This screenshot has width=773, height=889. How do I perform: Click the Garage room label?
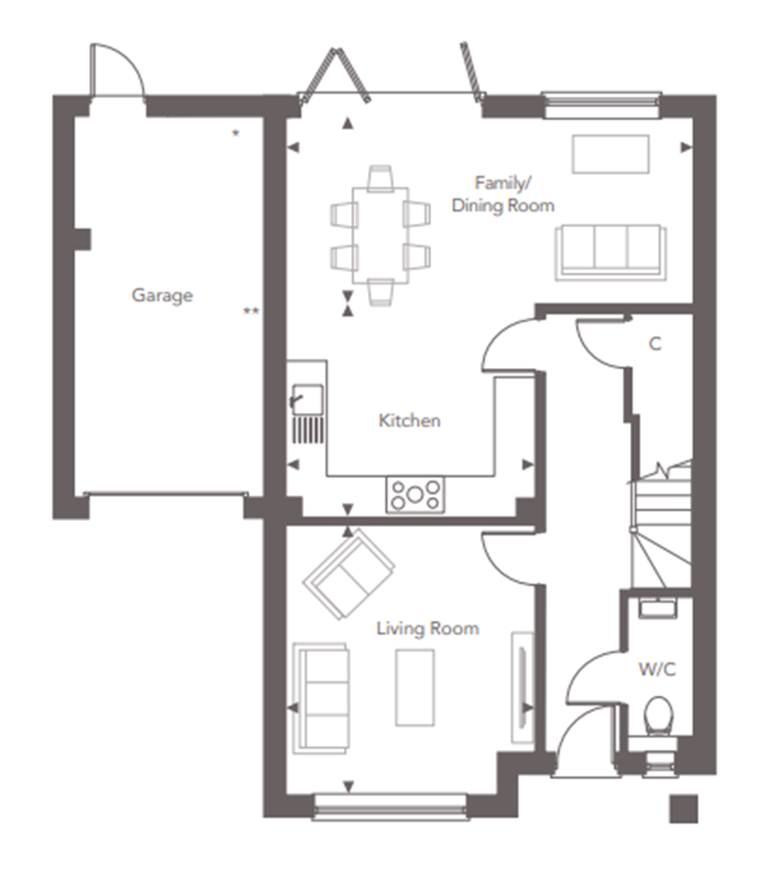pyautogui.click(x=162, y=295)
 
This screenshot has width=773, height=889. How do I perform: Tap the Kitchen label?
pyautogui.click(x=409, y=421)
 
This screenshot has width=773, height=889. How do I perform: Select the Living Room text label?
pyautogui.click(x=427, y=628)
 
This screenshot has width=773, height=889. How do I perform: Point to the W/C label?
pyautogui.click(x=657, y=669)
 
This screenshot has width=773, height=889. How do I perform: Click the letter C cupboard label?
pyautogui.click(x=655, y=344)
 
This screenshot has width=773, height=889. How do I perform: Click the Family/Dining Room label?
pyautogui.click(x=503, y=195)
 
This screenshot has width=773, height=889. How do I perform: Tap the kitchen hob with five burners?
pyautogui.click(x=415, y=495)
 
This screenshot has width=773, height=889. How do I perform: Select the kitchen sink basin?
pyautogui.click(x=308, y=399)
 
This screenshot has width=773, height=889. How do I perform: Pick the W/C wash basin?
pyautogui.click(x=657, y=608)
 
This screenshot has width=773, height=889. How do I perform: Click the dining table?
pyautogui.click(x=380, y=235)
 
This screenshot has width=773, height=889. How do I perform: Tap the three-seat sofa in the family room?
pyautogui.click(x=611, y=252)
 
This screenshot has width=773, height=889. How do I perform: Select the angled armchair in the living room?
pyautogui.click(x=349, y=574)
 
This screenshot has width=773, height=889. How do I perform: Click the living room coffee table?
pyautogui.click(x=415, y=688)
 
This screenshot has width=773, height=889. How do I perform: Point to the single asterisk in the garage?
pyautogui.click(x=236, y=134)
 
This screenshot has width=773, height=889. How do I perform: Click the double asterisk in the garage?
pyautogui.click(x=251, y=312)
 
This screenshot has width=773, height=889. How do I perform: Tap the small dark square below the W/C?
pyautogui.click(x=683, y=809)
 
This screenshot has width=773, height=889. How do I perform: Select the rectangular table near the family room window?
pyautogui.click(x=611, y=154)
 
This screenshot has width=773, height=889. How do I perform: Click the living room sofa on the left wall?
pyautogui.click(x=321, y=699)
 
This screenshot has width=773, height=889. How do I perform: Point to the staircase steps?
pyautogui.click(x=661, y=527)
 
